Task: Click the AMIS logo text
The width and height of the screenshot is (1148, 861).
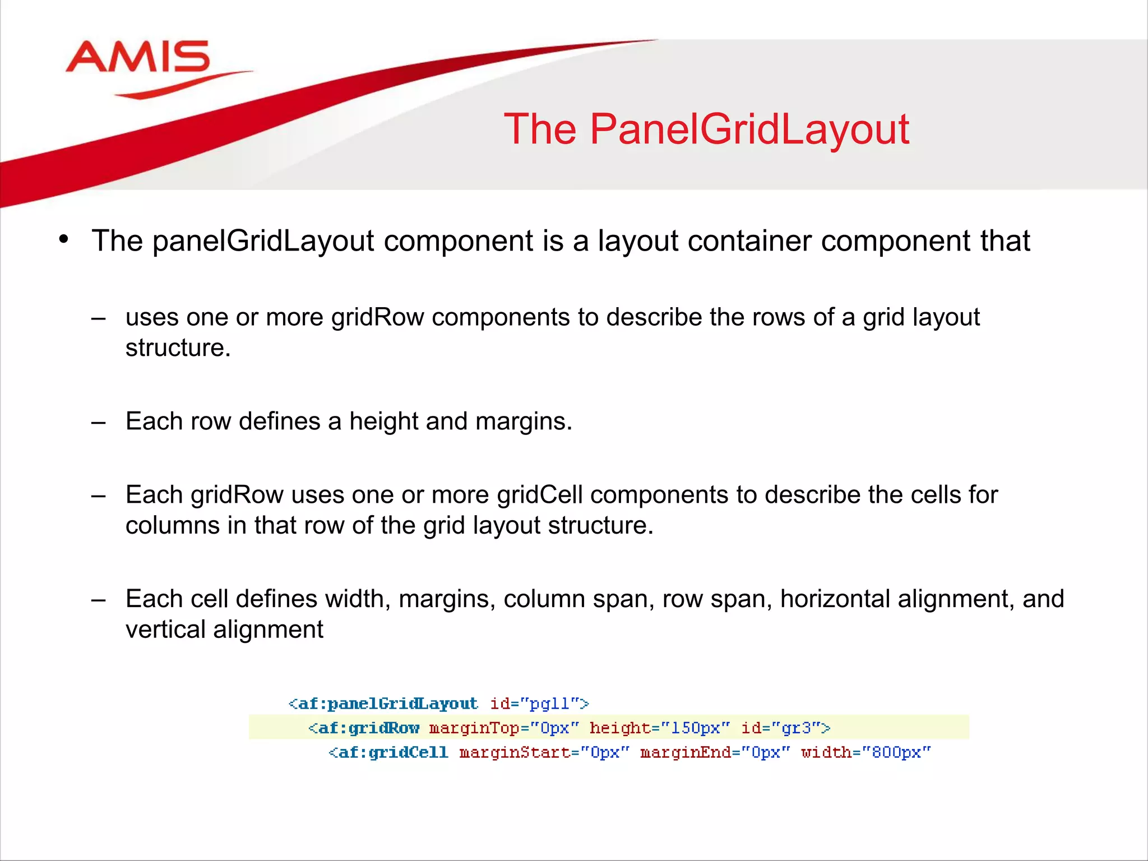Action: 138,57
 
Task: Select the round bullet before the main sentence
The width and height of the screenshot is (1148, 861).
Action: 63,239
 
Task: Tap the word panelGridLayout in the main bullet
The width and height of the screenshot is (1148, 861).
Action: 263,242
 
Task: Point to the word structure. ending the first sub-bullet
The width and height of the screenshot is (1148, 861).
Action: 178,348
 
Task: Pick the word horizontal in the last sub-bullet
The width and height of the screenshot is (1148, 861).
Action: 835,599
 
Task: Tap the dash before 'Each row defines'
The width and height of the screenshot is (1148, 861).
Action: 99,422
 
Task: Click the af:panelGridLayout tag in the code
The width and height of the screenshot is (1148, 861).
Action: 383,704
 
